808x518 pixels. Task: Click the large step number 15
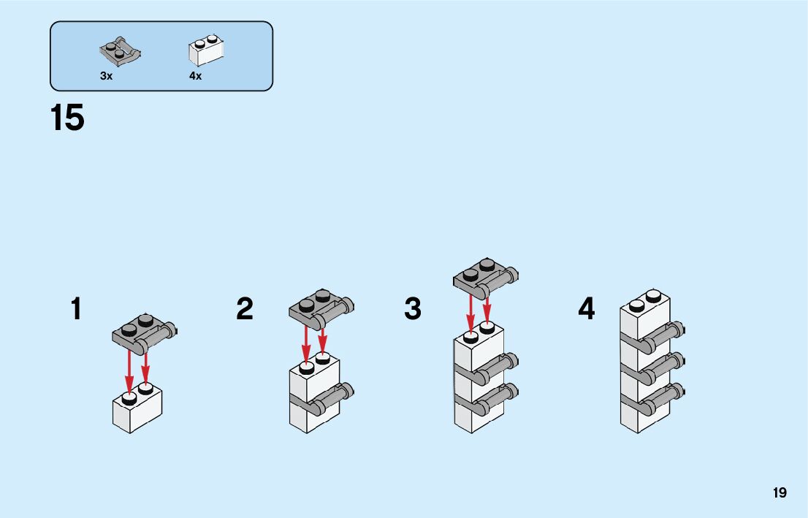[x=67, y=118]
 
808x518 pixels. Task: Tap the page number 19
[x=780, y=493]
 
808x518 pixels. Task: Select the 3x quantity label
[x=107, y=76]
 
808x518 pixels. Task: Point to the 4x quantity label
[x=195, y=76]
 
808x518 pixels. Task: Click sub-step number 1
[x=76, y=309]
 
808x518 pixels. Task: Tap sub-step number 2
[x=245, y=309]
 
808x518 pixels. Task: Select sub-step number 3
[x=413, y=309]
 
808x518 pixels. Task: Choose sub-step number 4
[x=586, y=309]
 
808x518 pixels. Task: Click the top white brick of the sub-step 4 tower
[x=644, y=317]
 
